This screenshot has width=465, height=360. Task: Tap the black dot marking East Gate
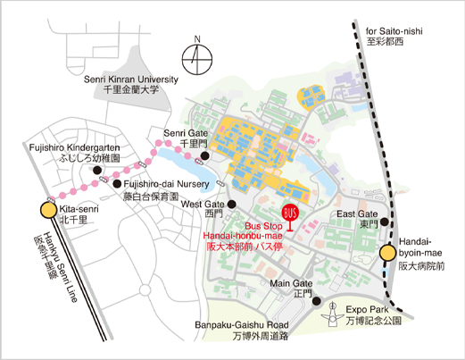pyautogui.click(x=385, y=222)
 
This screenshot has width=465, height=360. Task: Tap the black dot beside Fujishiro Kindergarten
pyautogui.click(x=94, y=167)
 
